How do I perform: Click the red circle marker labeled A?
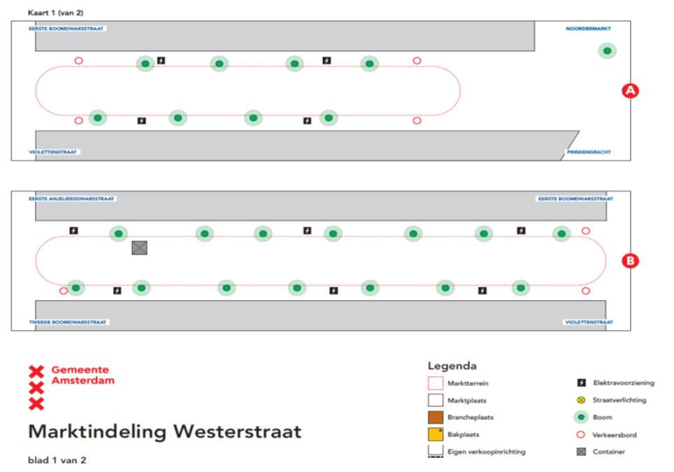[631, 90]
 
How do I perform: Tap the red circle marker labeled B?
[631, 261]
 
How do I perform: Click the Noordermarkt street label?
[588, 29]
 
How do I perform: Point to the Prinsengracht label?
[587, 151]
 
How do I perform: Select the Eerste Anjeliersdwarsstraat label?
[72, 199]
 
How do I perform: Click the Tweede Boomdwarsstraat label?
[67, 322]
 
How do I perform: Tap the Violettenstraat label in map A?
[54, 152]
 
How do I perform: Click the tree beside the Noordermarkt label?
[607, 50]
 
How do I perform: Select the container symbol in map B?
[140, 248]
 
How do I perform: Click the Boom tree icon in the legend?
[580, 417]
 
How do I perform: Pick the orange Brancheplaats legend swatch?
[436, 417]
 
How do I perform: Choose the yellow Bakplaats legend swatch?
[436, 434]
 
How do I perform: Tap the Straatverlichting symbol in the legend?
[580, 400]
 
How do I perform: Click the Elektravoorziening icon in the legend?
[580, 383]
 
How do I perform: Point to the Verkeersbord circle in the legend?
[580, 434]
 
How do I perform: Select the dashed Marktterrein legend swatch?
[436, 383]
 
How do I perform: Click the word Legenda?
[452, 366]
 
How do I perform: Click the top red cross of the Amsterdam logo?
[36, 371]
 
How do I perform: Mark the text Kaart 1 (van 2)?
[56, 13]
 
